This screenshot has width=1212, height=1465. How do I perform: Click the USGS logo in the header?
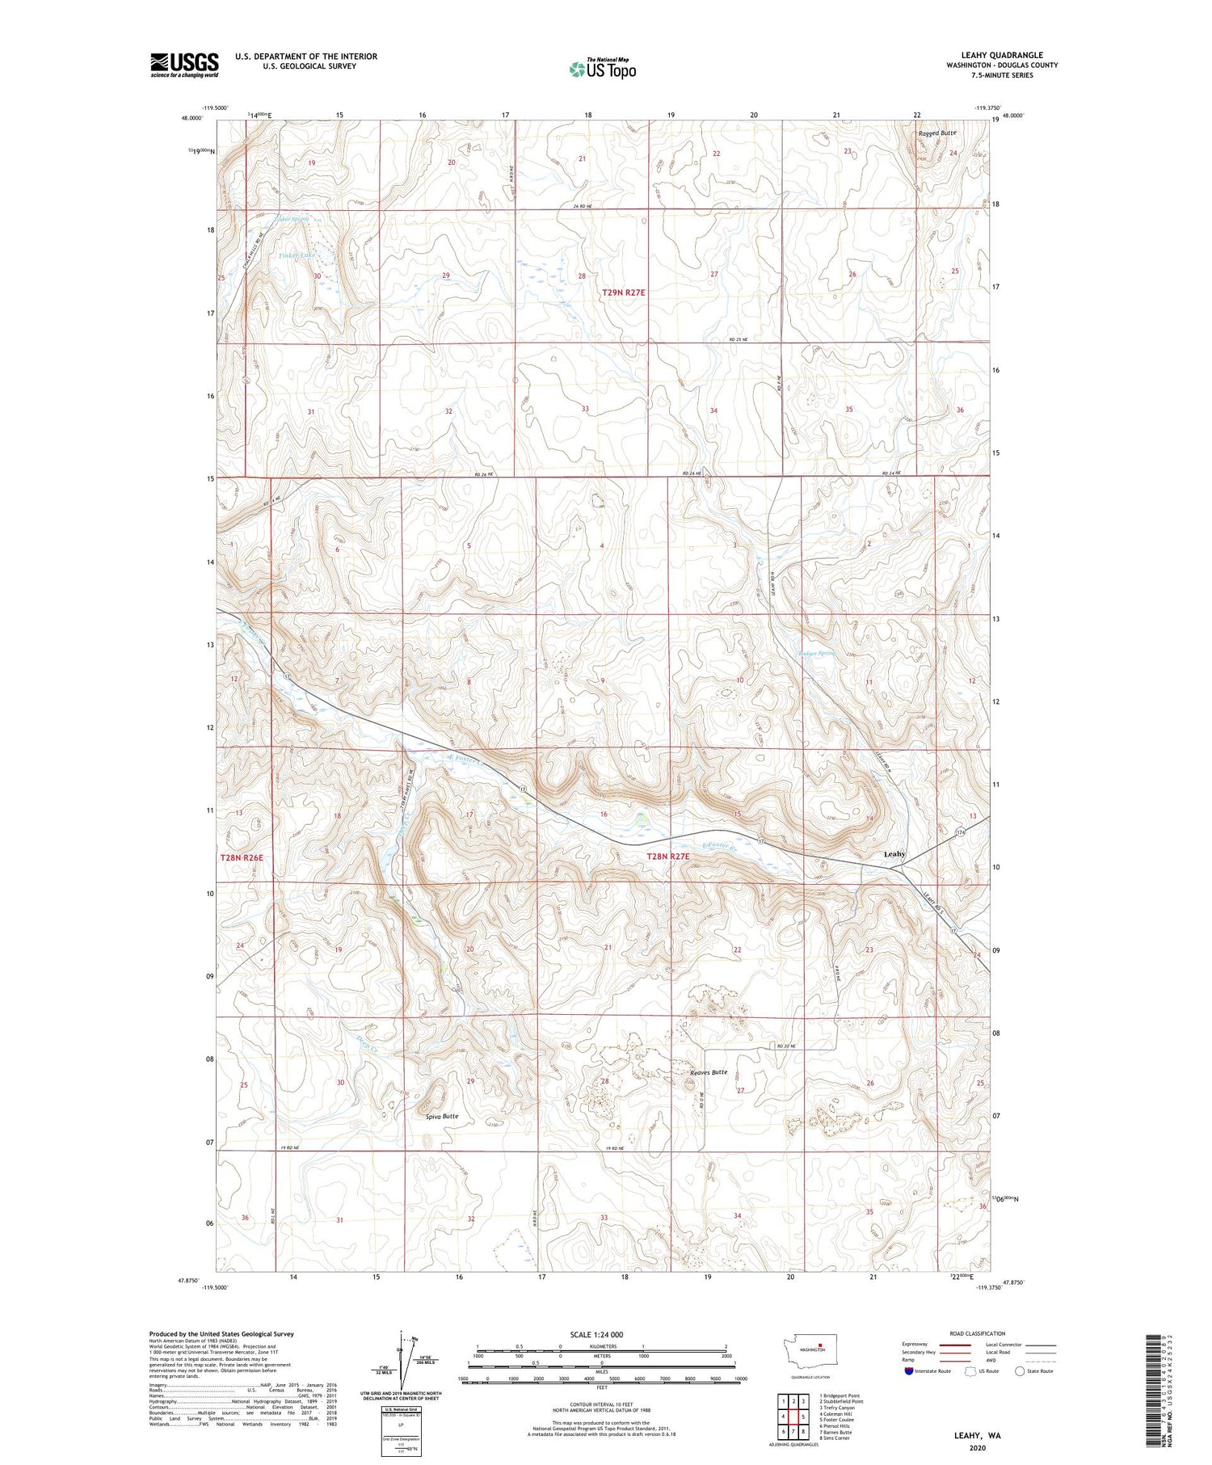pyautogui.click(x=184, y=65)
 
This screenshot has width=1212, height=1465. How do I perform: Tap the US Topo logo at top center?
pyautogui.click(x=602, y=69)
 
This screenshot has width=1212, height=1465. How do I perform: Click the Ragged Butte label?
pyautogui.click(x=936, y=133)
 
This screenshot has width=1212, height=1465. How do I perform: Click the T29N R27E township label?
pyautogui.click(x=624, y=293)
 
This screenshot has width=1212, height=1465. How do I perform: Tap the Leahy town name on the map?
pyautogui.click(x=894, y=854)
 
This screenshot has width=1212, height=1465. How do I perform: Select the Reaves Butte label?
pyautogui.click(x=709, y=1072)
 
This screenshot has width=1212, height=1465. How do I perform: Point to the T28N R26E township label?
pyautogui.click(x=242, y=856)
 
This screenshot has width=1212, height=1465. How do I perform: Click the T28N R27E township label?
pyautogui.click(x=668, y=856)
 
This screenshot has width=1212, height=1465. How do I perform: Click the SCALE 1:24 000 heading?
pyautogui.click(x=602, y=1334)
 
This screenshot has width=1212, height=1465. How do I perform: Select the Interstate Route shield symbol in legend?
pyautogui.click(x=908, y=1371)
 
